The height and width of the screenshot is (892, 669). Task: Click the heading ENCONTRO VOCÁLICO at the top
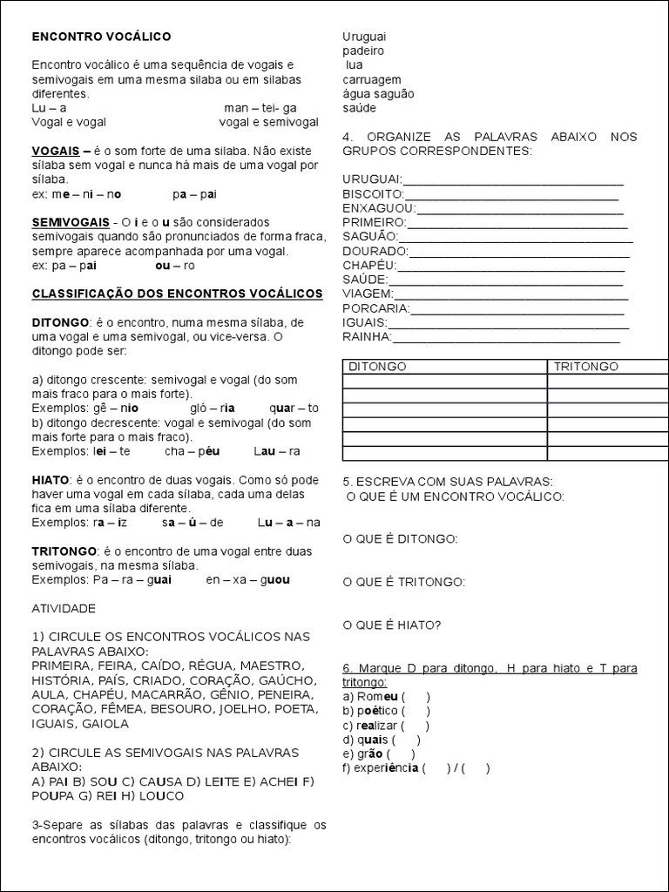click(x=101, y=37)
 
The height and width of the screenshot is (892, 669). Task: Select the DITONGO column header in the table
click(x=377, y=367)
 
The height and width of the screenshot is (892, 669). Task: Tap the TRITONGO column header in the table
click(x=585, y=367)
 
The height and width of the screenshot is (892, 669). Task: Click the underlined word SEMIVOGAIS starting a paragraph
click(x=71, y=222)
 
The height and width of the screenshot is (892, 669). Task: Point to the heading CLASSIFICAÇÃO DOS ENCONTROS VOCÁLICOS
click(x=177, y=294)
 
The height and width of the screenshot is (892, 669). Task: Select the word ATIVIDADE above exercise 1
click(x=64, y=608)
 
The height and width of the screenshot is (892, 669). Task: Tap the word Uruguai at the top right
click(x=364, y=37)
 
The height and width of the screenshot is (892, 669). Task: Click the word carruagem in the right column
click(x=372, y=79)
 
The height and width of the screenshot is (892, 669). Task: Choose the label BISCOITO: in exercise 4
click(x=374, y=193)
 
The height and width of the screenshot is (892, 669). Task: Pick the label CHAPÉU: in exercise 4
click(x=369, y=265)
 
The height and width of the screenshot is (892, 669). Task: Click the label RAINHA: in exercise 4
click(x=367, y=336)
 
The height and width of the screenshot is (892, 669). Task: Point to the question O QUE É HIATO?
click(x=391, y=625)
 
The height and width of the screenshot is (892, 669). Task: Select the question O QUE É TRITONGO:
click(x=403, y=582)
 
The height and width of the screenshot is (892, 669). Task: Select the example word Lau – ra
click(x=277, y=451)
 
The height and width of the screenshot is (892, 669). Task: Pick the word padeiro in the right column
click(x=363, y=51)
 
